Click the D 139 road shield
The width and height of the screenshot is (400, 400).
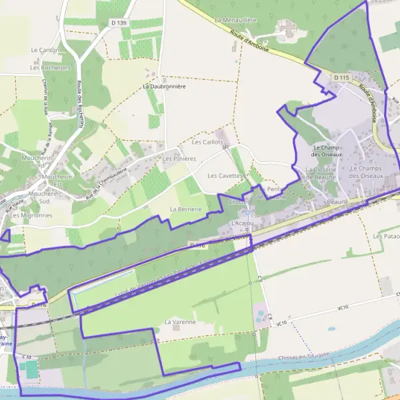(x=119, y=23)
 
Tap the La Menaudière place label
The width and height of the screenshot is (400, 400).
(x=236, y=21)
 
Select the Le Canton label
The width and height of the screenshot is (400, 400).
(x=45, y=50)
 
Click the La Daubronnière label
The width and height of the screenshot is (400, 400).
(x=164, y=87)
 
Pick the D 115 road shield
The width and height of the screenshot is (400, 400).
(x=341, y=78)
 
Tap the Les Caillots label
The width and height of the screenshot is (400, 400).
(x=206, y=142)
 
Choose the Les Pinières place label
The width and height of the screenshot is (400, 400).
(x=179, y=159)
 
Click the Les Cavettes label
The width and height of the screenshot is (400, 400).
(x=223, y=176)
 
